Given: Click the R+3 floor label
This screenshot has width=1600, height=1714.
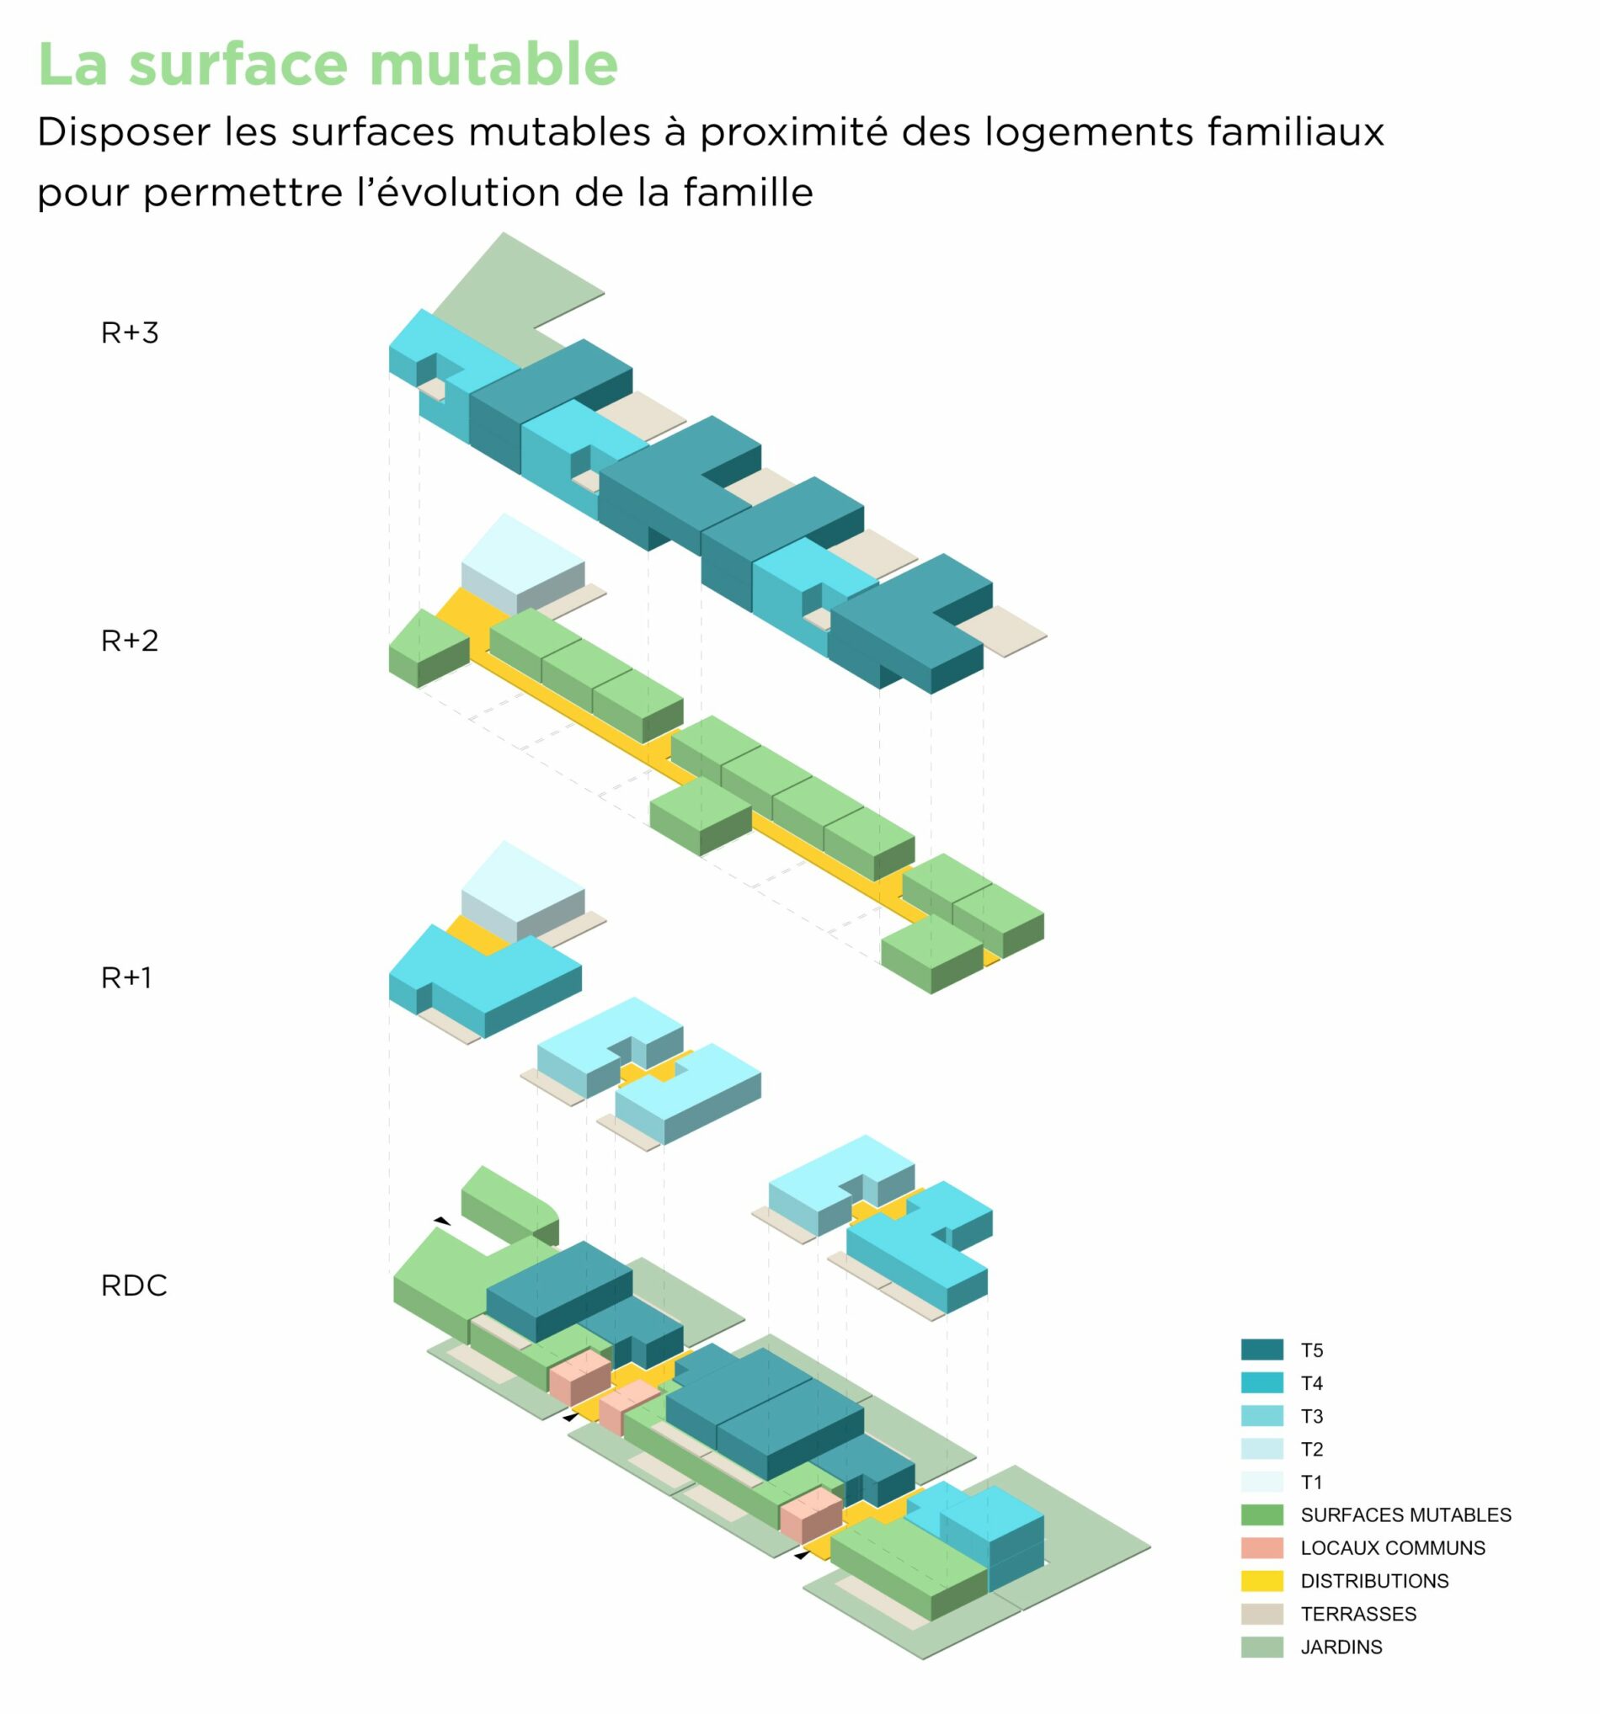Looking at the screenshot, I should [130, 333].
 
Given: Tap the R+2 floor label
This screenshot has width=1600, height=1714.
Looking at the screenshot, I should [130, 641].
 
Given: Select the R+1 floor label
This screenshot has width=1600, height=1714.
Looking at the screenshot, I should [126, 977].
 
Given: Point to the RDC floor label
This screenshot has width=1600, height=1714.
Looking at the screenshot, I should [134, 1285].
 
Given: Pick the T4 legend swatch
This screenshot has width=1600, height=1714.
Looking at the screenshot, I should [1261, 1383].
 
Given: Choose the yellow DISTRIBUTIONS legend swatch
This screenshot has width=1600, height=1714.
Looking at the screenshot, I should [1261, 1581].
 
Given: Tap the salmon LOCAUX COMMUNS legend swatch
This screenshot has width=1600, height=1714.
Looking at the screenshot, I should [1261, 1547].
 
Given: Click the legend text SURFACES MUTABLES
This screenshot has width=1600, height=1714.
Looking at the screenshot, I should [1405, 1514].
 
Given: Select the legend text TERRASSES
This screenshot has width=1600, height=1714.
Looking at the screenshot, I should [1357, 1614].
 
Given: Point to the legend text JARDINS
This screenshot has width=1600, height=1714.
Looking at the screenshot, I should [1341, 1647].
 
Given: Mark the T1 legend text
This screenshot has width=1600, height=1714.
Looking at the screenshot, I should [1311, 1482].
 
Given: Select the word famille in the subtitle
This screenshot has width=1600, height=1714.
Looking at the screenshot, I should [748, 191].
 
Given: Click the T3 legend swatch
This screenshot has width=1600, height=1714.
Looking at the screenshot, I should [1261, 1416].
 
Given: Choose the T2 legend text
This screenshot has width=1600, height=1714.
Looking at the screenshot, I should [1311, 1450].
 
